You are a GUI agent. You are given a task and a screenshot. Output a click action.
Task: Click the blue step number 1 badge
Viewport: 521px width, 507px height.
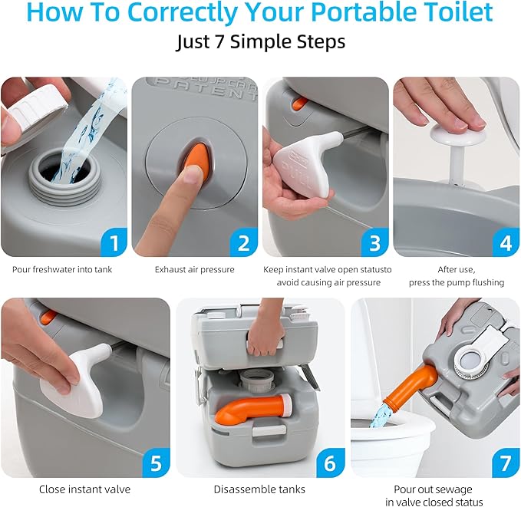(114, 243)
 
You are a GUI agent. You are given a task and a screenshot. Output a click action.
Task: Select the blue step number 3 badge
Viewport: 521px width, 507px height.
(374, 243)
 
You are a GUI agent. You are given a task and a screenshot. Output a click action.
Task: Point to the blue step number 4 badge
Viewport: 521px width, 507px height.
(505, 243)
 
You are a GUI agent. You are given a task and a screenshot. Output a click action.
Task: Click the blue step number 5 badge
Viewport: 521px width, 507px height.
(156, 464)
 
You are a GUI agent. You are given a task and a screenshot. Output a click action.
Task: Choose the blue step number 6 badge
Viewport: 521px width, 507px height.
(330, 464)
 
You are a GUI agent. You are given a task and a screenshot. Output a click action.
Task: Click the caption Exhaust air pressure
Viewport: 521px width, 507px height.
(195, 269)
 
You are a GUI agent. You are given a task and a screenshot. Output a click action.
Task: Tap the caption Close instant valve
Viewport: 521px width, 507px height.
(84, 489)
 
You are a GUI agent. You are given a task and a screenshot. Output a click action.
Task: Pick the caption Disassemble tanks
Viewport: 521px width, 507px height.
(260, 489)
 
